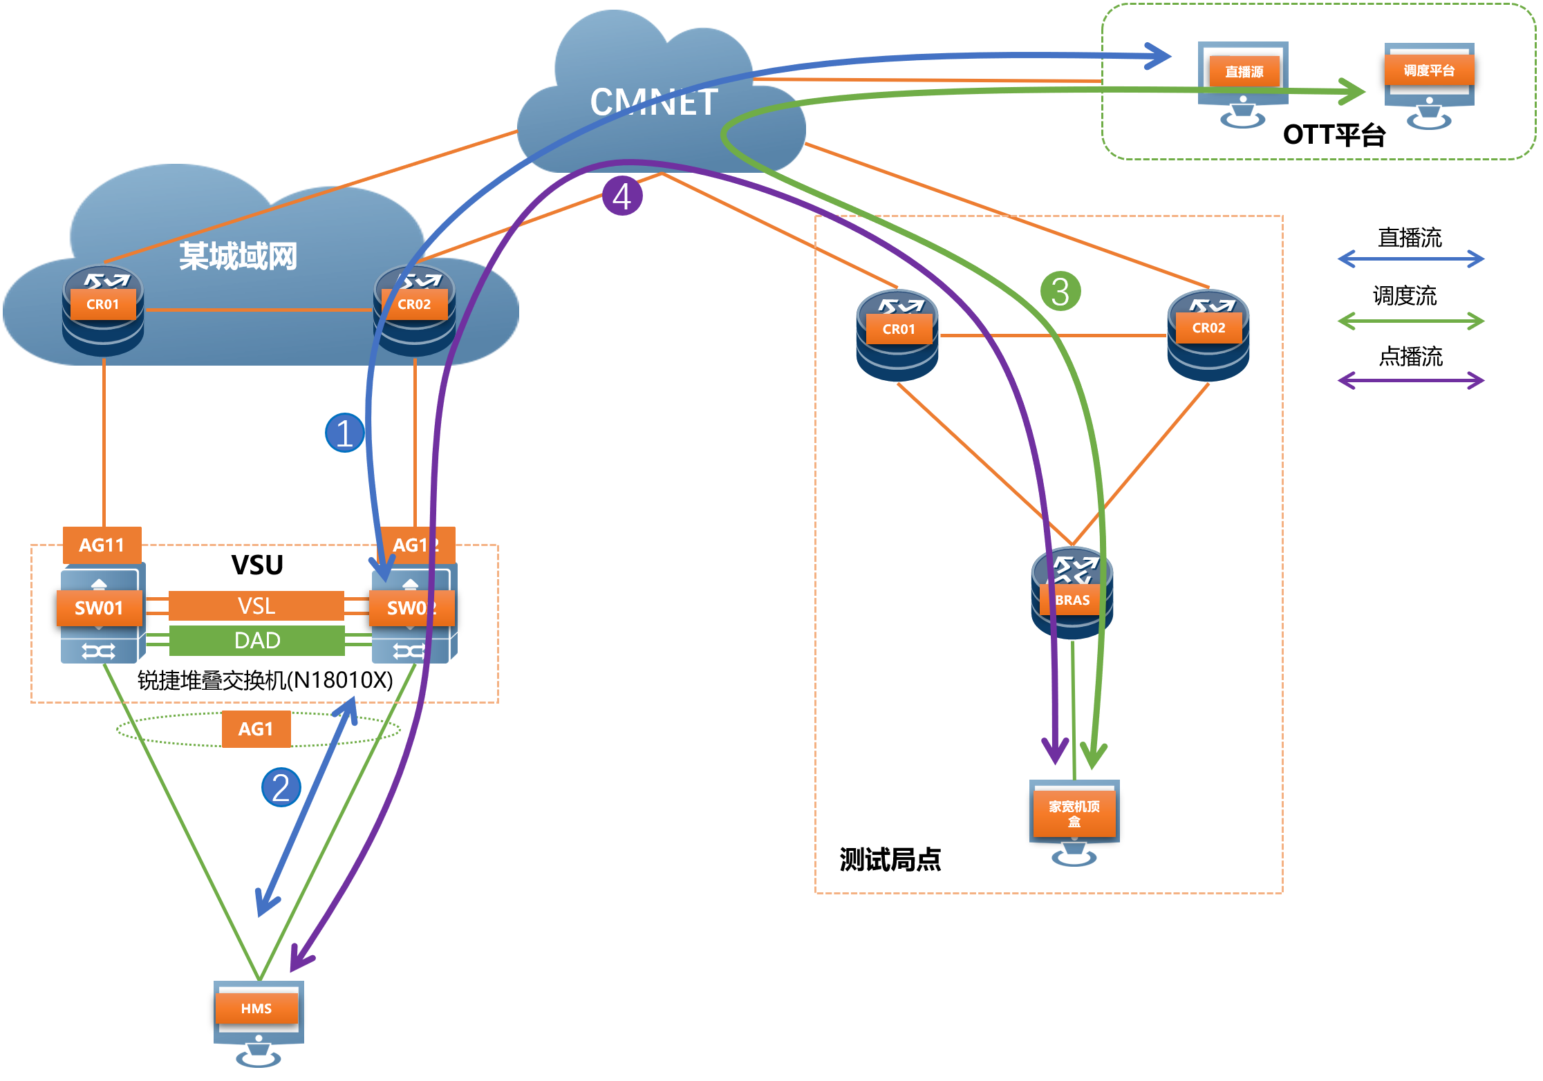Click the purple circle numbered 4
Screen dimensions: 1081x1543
622,196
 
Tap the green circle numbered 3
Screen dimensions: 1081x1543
1060,291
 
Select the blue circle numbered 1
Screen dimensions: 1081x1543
344,433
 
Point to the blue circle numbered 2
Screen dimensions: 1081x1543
281,787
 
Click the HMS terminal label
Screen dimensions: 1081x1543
256,1008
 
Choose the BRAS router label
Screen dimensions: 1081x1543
1072,600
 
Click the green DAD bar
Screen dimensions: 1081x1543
256,641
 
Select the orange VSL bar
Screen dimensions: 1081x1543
256,606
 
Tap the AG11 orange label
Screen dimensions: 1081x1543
102,545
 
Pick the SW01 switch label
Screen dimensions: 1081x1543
99,608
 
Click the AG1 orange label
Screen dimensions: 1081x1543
256,729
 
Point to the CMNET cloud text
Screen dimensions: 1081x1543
654,102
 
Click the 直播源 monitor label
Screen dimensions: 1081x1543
1244,72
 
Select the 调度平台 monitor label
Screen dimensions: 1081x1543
1429,70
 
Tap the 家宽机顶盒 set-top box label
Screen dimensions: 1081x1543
1074,814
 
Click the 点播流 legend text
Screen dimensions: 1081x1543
1410,357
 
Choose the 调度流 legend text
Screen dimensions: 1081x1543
1405,297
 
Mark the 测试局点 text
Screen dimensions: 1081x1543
890,860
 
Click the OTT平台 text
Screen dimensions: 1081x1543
1334,135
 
